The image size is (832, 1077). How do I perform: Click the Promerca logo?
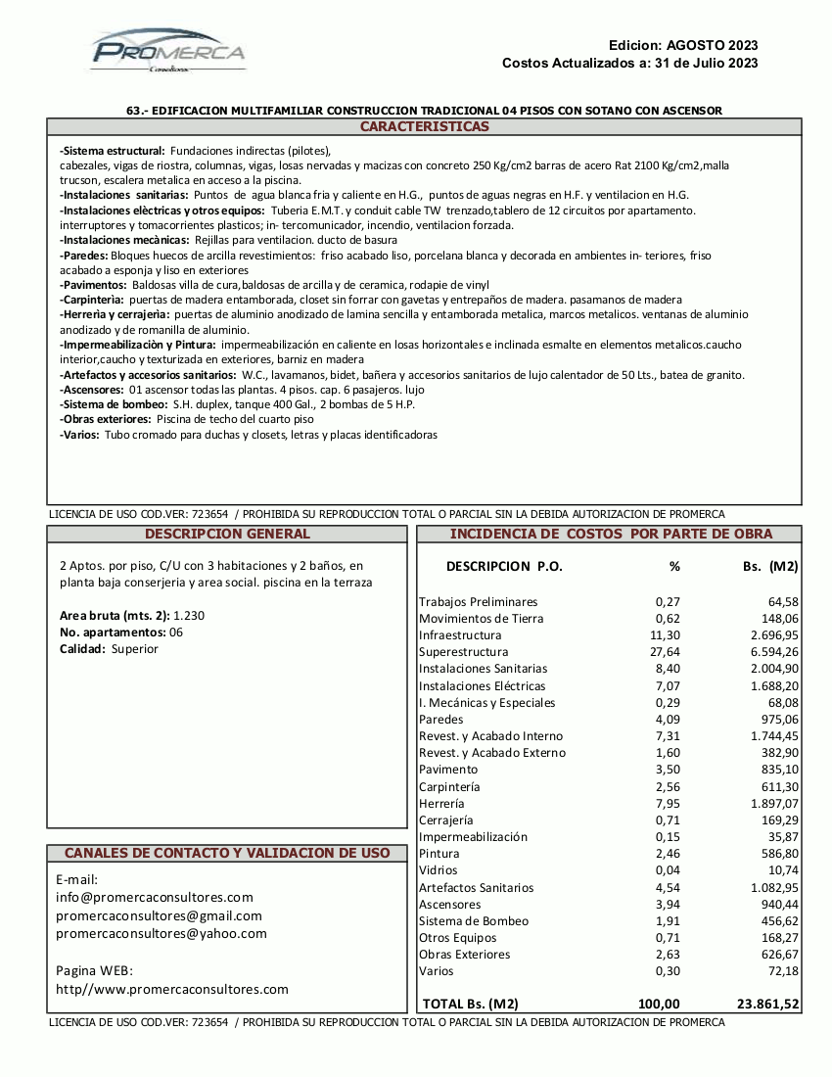[168, 51]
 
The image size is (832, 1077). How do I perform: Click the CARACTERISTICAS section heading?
[424, 127]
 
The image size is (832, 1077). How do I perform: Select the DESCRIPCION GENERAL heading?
[227, 534]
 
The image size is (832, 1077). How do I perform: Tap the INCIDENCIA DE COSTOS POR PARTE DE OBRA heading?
[611, 534]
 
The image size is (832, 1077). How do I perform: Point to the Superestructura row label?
[463, 652]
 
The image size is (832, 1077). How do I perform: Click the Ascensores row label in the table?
[449, 904]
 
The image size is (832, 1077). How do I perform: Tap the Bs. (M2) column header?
[770, 566]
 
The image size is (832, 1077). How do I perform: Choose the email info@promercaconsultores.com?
[155, 897]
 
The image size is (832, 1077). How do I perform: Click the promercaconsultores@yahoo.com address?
[162, 934]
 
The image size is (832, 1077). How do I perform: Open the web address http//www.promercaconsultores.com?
[172, 990]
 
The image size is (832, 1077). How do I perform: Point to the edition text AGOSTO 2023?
[712, 45]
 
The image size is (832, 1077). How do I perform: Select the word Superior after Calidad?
[135, 649]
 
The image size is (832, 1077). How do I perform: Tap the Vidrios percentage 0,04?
[668, 870]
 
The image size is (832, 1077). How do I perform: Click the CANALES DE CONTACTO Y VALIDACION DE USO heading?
[227, 853]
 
